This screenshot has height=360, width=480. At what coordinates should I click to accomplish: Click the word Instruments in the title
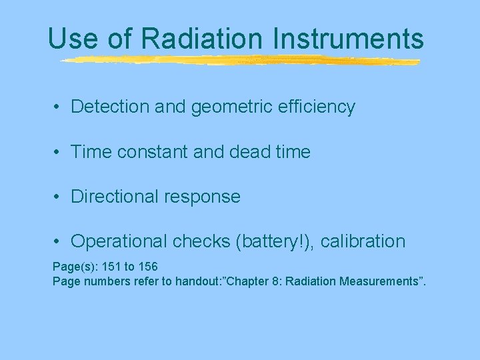[x=349, y=39]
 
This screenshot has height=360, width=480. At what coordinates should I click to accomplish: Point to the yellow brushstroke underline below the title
[x=240, y=61]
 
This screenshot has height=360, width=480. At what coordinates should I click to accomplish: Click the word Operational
[x=117, y=241]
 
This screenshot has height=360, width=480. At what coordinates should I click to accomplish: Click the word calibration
[x=363, y=241]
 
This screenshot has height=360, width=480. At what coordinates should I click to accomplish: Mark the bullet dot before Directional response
[x=59, y=197]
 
